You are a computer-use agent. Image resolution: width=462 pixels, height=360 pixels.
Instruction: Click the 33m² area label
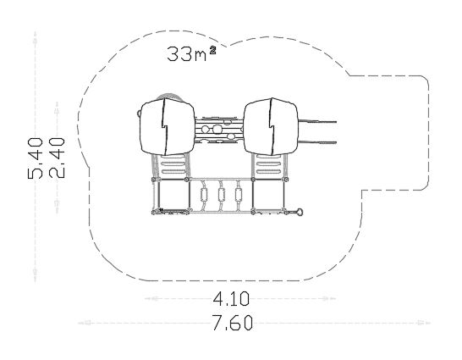coord(191,53)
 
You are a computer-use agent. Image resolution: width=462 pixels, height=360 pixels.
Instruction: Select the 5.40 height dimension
coord(36,158)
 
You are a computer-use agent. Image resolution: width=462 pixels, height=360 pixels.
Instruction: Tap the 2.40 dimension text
coord(57,158)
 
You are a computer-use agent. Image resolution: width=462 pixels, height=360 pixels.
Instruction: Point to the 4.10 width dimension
coord(231,299)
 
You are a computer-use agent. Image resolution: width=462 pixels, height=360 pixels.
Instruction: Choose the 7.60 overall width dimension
coord(233,323)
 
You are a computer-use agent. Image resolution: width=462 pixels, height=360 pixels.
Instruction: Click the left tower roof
coord(167,127)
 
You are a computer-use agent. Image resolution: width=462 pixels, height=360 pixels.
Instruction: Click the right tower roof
coord(271,127)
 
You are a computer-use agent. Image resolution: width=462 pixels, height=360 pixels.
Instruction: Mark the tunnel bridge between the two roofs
coord(218,130)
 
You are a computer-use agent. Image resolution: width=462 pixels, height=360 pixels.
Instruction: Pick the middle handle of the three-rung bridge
coord(222,194)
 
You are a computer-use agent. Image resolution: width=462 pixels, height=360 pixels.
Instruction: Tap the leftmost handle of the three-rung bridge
coord(204,194)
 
